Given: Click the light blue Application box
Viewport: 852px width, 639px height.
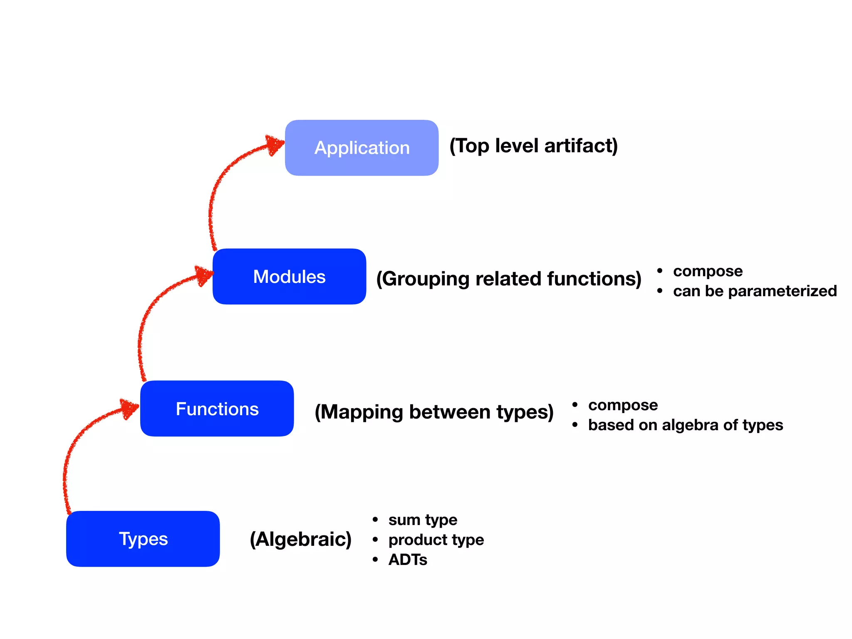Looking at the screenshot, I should (362, 148).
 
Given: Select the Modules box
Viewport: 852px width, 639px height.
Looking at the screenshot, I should (289, 277).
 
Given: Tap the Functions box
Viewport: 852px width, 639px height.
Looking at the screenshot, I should (217, 409).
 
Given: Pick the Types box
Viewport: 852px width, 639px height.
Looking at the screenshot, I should (143, 539).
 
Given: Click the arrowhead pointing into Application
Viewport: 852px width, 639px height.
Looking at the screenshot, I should (275, 144).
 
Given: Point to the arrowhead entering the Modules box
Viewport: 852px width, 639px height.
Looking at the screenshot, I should (204, 275).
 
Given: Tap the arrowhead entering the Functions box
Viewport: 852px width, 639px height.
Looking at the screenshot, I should (129, 408).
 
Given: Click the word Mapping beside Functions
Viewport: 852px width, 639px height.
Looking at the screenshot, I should (362, 412).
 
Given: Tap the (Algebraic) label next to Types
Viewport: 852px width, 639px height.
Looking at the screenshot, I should (300, 539).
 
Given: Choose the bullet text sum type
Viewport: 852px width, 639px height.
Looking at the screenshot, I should (423, 520).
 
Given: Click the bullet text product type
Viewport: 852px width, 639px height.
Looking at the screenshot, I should (436, 540).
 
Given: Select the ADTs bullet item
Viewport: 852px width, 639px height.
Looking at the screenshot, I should (408, 560).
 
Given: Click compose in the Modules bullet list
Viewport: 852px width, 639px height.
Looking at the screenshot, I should (708, 271).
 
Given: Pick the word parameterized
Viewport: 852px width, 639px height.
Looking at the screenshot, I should (782, 291).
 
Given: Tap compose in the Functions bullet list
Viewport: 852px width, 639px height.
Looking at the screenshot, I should (623, 405).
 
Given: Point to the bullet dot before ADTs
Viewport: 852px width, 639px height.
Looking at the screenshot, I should (375, 560).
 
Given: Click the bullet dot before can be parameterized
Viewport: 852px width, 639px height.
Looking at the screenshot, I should (660, 291).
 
